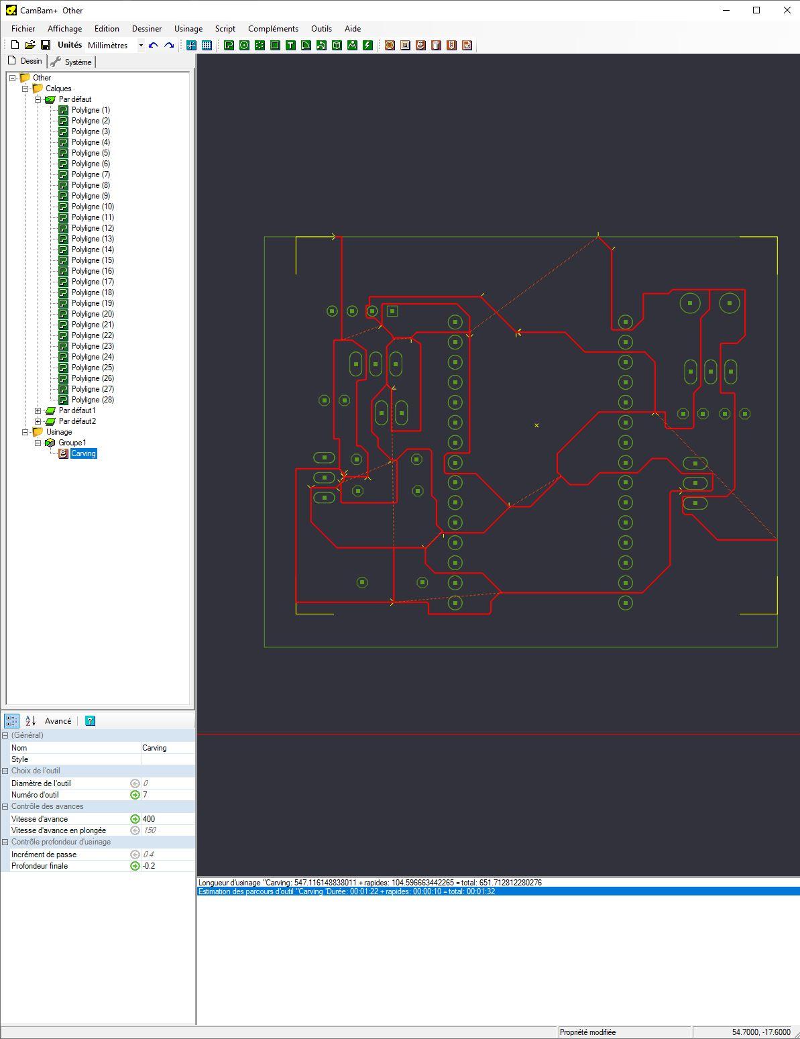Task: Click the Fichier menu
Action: coord(23,29)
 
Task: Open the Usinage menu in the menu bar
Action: coord(188,29)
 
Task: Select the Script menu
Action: coord(225,29)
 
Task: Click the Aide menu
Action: coord(352,29)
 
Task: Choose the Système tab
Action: coord(72,62)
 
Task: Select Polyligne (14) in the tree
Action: coord(93,250)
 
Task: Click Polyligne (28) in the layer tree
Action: coord(93,400)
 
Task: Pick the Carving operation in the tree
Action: coord(83,453)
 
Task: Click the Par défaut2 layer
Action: coord(77,421)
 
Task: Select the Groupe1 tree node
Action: coord(72,443)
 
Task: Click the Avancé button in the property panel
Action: coord(58,721)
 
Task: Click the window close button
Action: coord(787,10)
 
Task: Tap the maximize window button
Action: coord(756,10)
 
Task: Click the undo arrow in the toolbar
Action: coord(154,46)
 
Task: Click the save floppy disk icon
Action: coord(46,45)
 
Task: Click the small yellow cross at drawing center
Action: coord(536,425)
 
